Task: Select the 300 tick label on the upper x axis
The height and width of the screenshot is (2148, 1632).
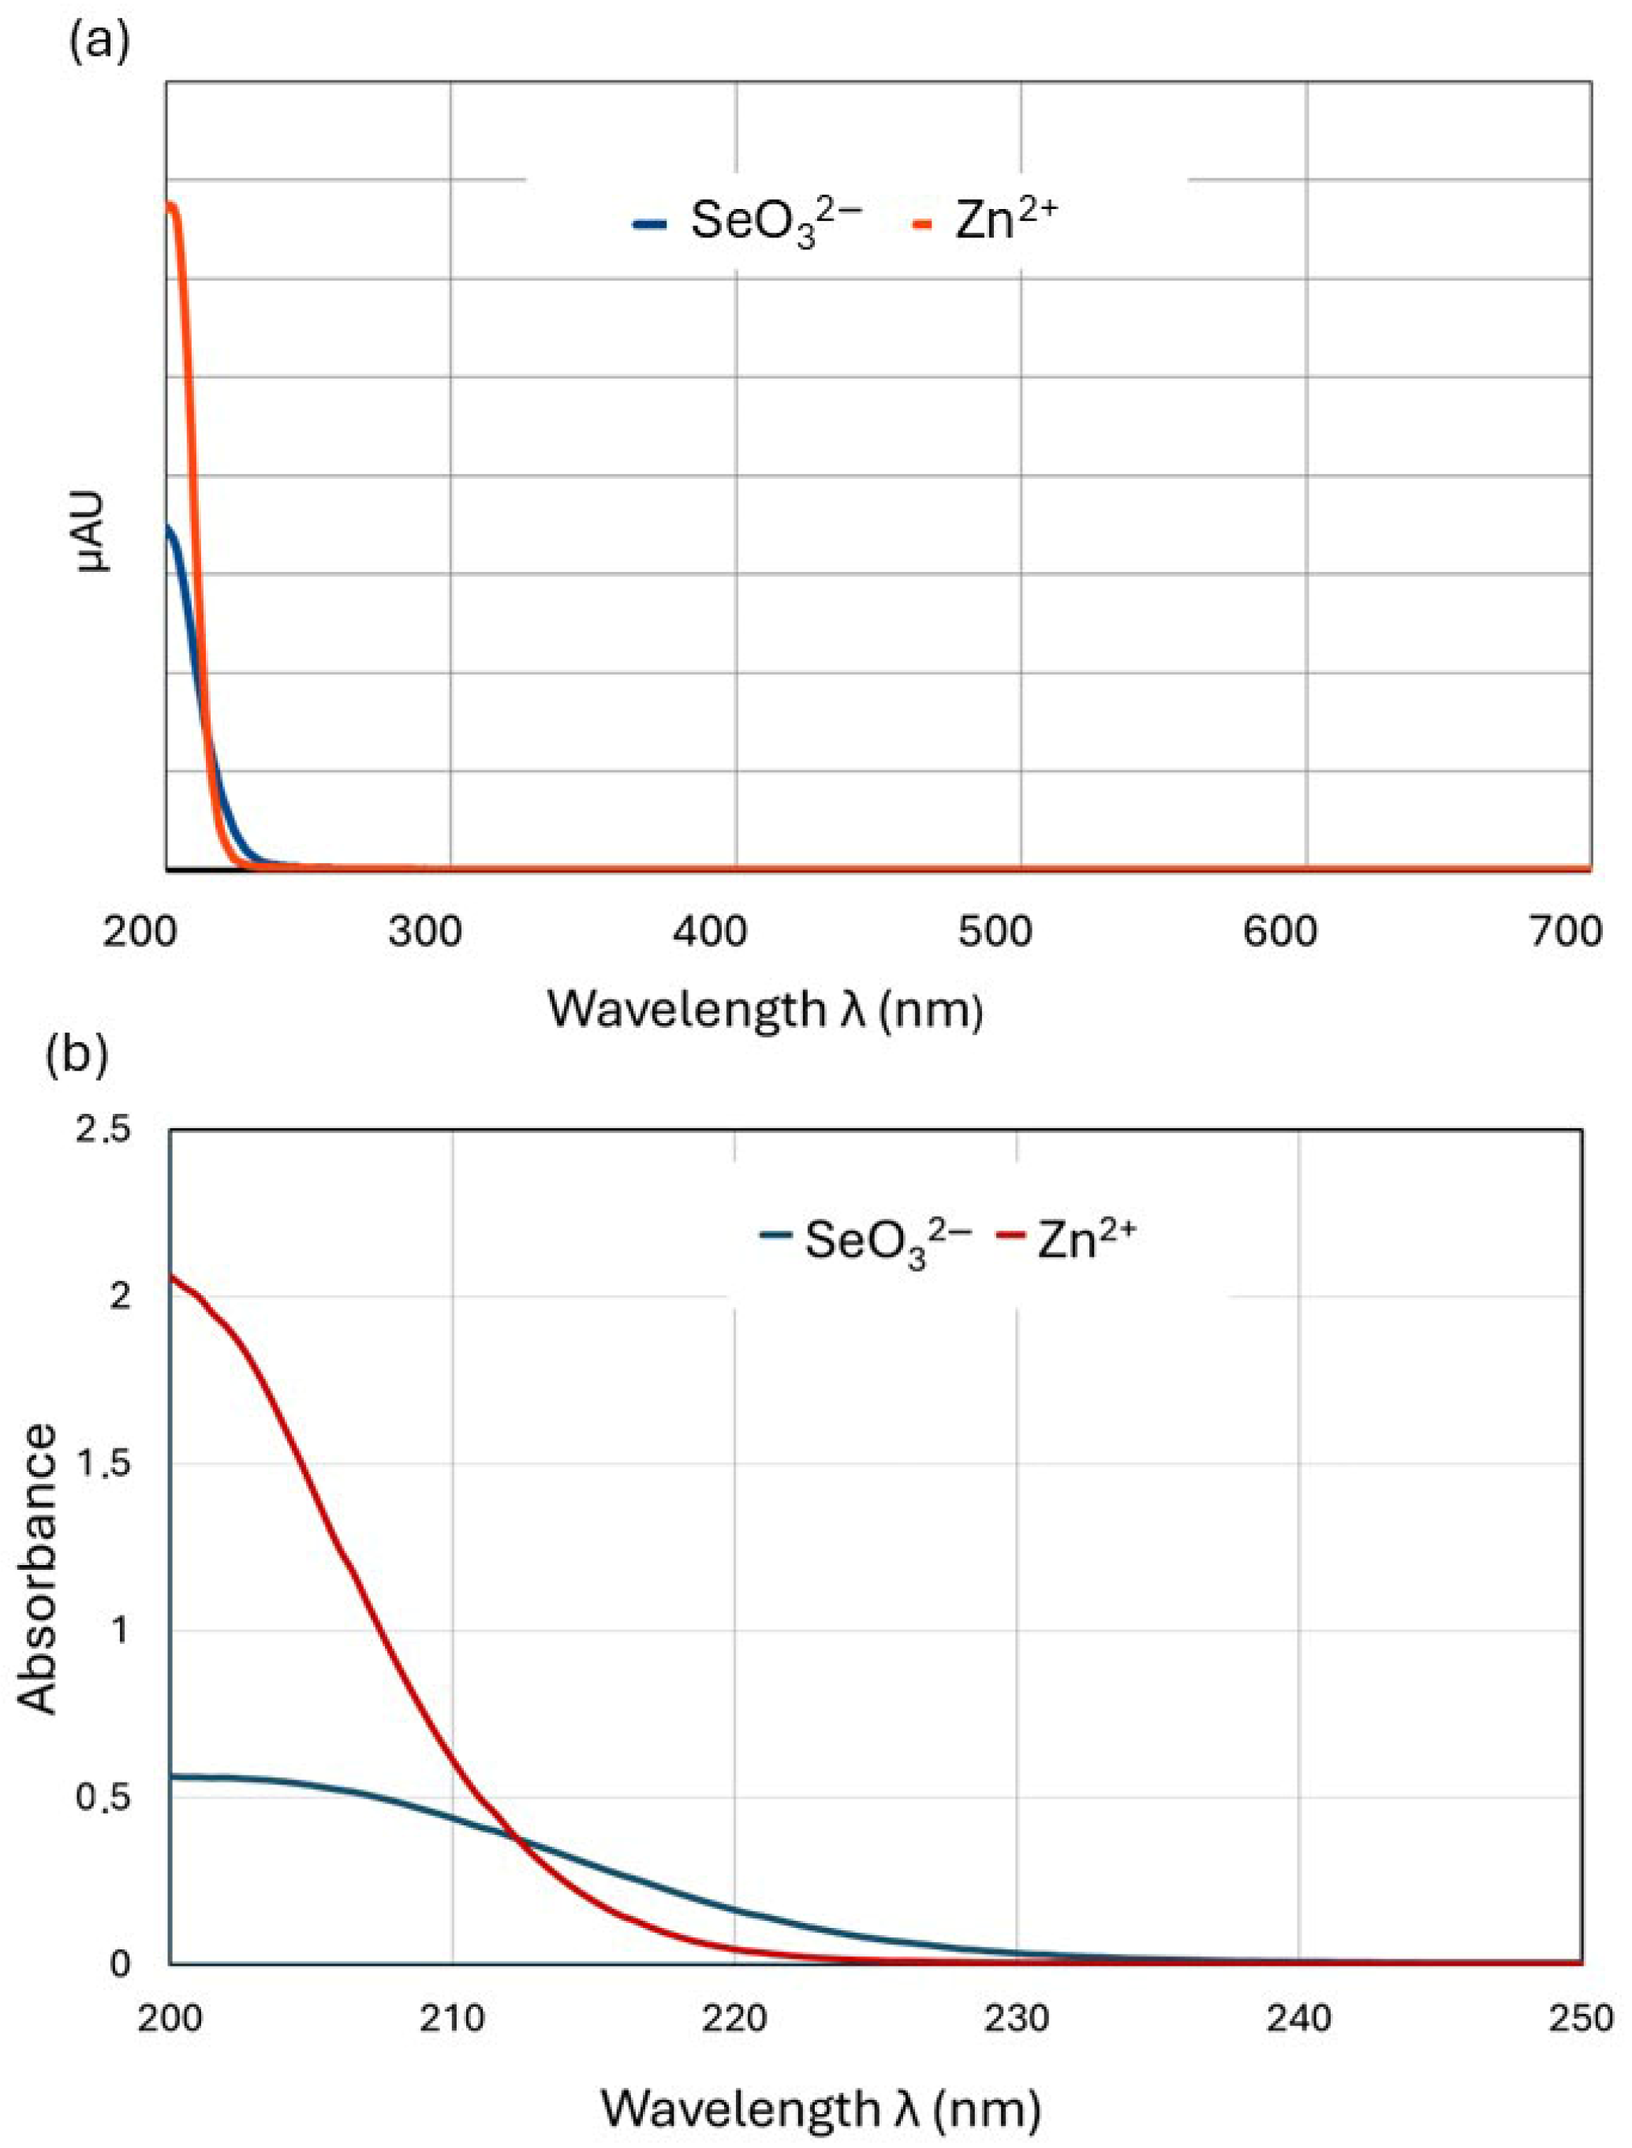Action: click(424, 932)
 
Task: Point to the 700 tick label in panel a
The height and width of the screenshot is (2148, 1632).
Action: click(1565, 932)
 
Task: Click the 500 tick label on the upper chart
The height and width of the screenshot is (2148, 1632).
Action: click(995, 932)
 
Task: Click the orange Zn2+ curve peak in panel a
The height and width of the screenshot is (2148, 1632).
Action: click(172, 205)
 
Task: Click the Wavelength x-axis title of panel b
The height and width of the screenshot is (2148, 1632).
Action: click(821, 2101)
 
